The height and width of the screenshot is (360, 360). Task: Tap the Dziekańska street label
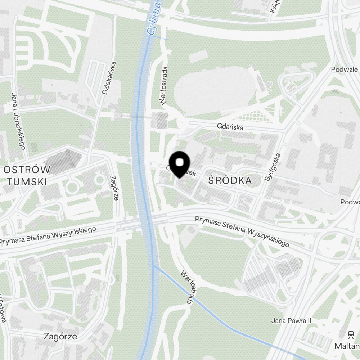coord(109,78)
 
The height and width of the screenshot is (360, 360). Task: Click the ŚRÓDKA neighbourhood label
coord(230,180)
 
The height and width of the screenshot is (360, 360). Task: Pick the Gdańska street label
coord(230,127)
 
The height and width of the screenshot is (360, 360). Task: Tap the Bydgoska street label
coord(272,167)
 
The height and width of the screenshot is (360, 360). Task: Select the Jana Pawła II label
coord(291,320)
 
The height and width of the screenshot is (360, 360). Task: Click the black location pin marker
coord(179,164)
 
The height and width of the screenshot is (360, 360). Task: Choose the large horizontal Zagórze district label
coord(60,337)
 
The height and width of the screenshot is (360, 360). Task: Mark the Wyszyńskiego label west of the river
coord(48,235)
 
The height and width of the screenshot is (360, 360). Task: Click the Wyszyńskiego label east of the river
coord(242,231)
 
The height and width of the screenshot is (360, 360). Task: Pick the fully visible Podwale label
coord(345,69)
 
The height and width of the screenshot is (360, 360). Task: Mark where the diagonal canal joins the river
coord(154,266)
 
